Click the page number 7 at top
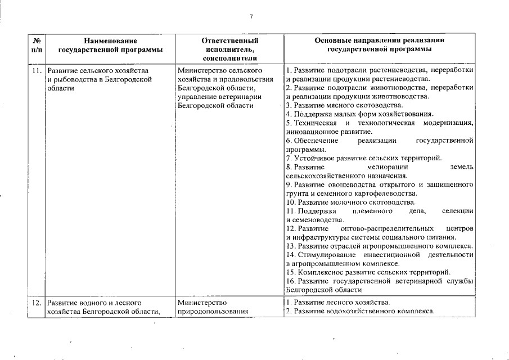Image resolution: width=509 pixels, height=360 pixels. click(x=251, y=17)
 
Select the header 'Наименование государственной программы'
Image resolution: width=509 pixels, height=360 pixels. click(x=110, y=45)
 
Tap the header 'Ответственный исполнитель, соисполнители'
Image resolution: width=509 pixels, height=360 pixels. click(x=229, y=49)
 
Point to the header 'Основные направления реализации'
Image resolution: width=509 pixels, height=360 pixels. click(x=380, y=40)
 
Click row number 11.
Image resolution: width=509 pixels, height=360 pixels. click(x=36, y=70)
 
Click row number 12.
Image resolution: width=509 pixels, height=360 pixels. click(x=36, y=303)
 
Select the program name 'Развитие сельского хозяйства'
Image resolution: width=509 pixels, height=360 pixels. click(x=97, y=70)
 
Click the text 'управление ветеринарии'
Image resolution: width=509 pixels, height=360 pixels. click(x=219, y=97)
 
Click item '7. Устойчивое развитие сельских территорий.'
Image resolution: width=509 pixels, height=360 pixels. click(x=364, y=158)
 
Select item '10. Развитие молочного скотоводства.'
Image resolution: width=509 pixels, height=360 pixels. click(x=351, y=202)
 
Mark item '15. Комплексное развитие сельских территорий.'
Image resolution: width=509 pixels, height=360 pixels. click(x=368, y=272)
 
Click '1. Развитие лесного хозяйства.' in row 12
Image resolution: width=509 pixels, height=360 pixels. click(x=337, y=303)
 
